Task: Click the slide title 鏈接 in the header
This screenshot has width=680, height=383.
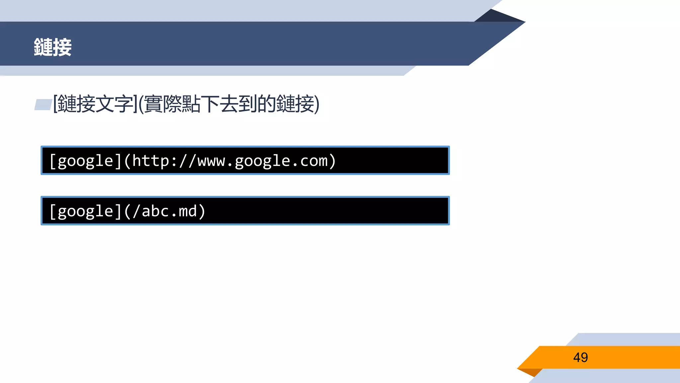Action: pos(52,47)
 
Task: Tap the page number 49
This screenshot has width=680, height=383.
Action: pos(580,357)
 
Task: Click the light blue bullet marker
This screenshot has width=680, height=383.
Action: pos(43,104)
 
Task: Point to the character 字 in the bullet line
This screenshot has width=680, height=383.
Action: pos(124,104)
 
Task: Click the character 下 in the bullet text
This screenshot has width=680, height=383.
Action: pos(210,104)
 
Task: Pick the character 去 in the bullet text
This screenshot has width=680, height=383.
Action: pos(229,104)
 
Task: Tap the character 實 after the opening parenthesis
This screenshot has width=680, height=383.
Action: pos(153,104)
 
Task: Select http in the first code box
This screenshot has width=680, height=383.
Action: pos(151,161)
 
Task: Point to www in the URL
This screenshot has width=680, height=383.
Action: pos(212,161)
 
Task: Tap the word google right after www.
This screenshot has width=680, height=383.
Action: pos(263,161)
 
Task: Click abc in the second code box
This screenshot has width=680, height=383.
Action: pos(155,211)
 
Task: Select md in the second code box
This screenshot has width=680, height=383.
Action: pos(188,211)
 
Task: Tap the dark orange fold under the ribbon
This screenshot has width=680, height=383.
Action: pos(531,372)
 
